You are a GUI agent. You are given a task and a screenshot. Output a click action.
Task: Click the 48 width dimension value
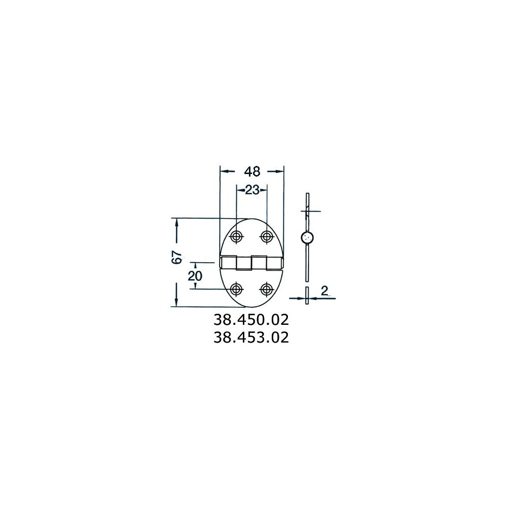(x=252, y=172)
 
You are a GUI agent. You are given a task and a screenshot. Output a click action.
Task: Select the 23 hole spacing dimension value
(x=252, y=190)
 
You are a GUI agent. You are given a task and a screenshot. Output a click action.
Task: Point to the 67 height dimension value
(x=177, y=258)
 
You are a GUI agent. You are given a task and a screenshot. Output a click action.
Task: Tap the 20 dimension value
(x=195, y=276)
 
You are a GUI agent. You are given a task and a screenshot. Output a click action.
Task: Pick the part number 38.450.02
(x=251, y=320)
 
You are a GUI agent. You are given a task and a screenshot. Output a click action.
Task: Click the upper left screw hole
(x=237, y=236)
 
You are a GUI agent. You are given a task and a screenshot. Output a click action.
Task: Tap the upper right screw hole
(x=266, y=236)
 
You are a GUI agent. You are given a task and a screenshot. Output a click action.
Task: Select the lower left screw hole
(x=237, y=289)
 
